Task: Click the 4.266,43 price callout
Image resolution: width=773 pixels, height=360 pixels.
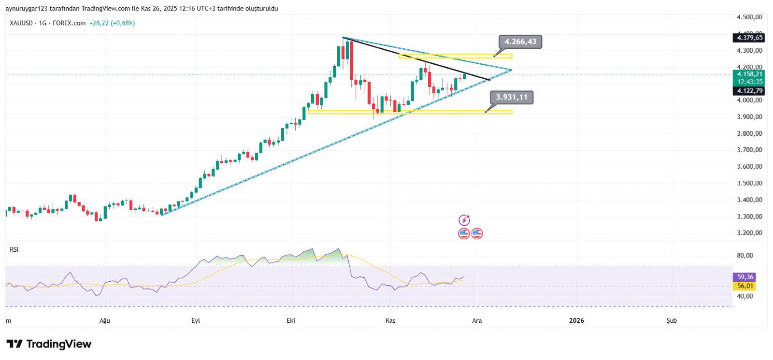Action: tap(520, 42)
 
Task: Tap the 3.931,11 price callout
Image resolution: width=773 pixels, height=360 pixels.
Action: tap(512, 98)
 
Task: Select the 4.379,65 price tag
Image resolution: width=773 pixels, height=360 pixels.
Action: tap(749, 38)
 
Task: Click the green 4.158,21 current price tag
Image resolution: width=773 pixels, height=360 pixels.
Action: tap(749, 74)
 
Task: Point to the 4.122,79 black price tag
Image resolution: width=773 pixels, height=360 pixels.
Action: tap(749, 91)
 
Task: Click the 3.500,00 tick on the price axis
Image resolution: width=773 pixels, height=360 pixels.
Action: tap(749, 183)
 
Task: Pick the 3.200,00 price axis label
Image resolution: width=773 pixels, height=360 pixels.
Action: tap(749, 233)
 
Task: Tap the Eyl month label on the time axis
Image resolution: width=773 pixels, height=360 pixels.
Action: tap(196, 321)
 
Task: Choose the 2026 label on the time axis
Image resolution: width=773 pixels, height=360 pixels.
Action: tap(576, 321)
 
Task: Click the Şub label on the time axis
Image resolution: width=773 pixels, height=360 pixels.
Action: tap(672, 321)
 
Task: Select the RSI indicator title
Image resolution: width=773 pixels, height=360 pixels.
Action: tap(14, 249)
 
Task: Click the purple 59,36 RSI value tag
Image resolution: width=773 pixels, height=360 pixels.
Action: tap(745, 277)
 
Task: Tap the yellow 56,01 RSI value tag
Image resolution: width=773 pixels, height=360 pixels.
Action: tap(745, 286)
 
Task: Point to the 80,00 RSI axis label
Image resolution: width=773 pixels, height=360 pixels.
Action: tap(745, 256)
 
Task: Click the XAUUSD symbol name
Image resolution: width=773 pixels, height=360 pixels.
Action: tap(21, 23)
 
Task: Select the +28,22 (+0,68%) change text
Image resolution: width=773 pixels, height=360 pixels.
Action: tap(112, 23)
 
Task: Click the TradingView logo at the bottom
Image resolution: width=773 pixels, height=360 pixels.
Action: tap(49, 344)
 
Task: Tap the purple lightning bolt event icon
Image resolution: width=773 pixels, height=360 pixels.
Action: tap(464, 220)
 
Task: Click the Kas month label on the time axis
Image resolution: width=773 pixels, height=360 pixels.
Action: tap(390, 321)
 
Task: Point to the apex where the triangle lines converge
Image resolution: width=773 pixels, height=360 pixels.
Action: tap(511, 70)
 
